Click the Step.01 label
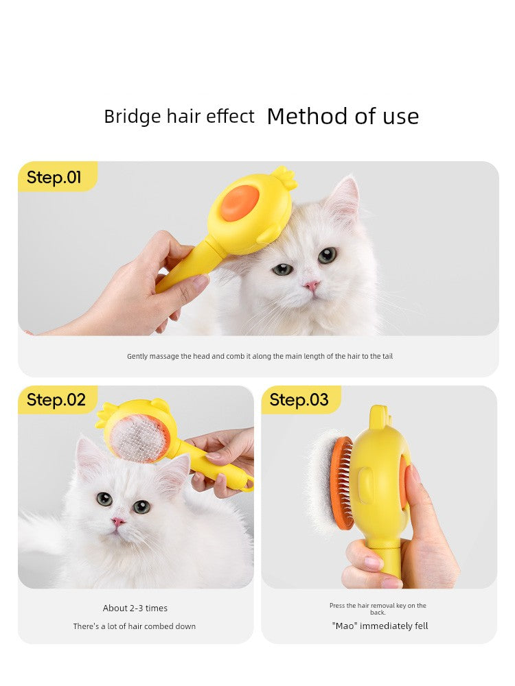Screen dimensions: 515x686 54,177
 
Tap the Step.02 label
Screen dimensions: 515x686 56,399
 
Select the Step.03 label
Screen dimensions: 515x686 299,399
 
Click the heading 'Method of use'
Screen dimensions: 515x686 343,117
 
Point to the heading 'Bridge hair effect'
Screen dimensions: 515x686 179,117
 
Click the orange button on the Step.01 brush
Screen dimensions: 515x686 240,202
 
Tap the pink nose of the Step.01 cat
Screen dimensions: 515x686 311,285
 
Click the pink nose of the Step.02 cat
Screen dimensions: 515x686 117,521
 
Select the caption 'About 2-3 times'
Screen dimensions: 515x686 135,608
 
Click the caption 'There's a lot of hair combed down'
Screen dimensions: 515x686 135,626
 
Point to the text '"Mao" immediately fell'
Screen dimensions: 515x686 380,626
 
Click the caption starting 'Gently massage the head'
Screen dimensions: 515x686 260,356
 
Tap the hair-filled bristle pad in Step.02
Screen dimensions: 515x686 138,440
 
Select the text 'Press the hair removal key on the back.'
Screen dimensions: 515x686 378,608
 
